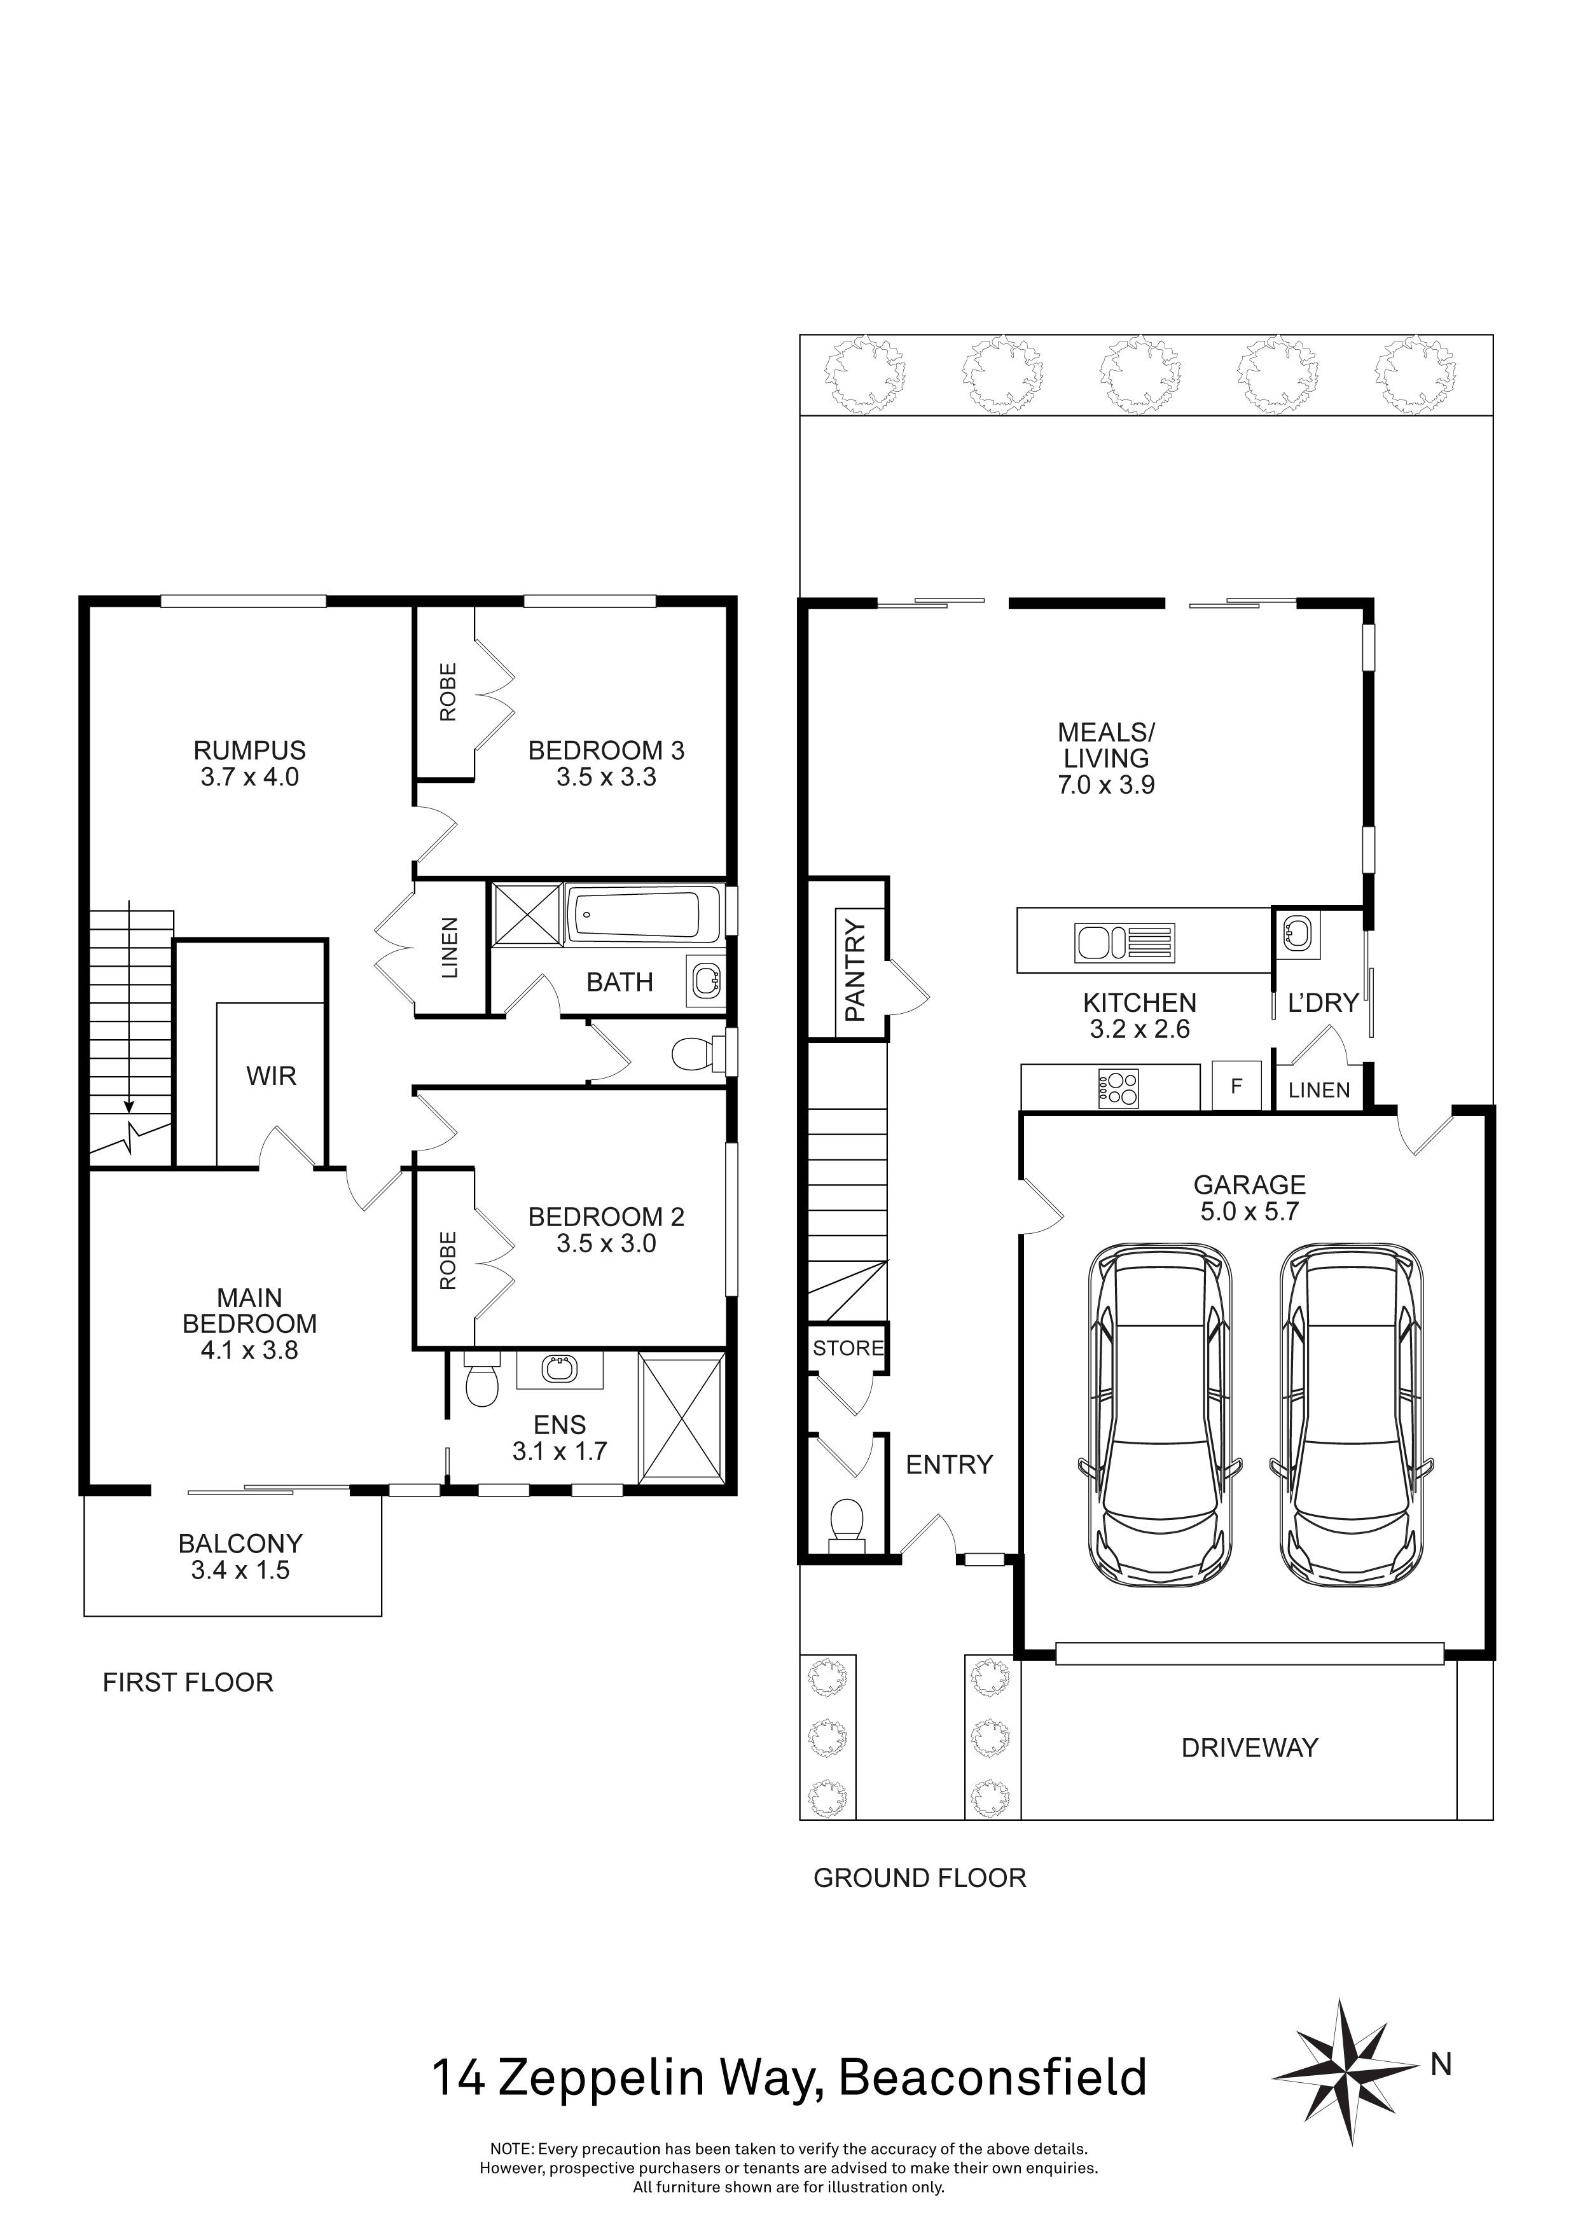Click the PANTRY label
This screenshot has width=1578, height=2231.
[x=854, y=970]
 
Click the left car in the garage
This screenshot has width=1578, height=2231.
[x=1159, y=1414]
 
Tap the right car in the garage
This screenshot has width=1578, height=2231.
[x=1351, y=1414]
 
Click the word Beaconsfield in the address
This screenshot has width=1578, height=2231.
[x=992, y=2078]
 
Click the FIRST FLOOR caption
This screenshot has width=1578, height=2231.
[x=188, y=1683]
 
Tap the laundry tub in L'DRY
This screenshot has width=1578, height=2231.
[x=1297, y=935]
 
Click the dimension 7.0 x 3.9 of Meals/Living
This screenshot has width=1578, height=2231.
[x=1106, y=785]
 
